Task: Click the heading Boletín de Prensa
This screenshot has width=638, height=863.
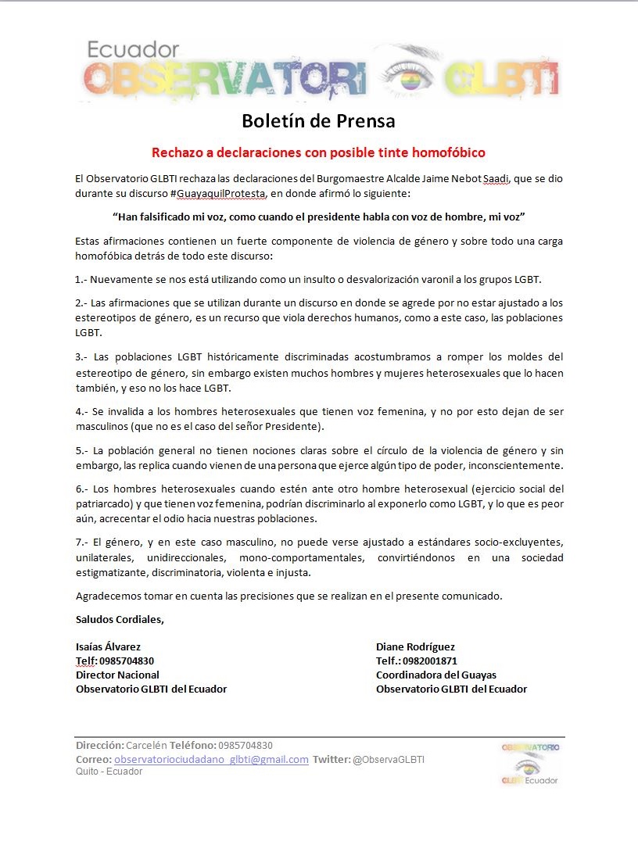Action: pyautogui.click(x=318, y=121)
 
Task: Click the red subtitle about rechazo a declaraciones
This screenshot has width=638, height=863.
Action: pyautogui.click(x=318, y=152)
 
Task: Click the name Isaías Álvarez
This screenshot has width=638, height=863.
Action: pyautogui.click(x=109, y=646)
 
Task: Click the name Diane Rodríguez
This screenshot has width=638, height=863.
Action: pyautogui.click(x=415, y=646)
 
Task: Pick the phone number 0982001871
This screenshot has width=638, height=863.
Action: pyautogui.click(x=430, y=661)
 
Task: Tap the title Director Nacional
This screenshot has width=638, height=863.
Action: pyautogui.click(x=117, y=675)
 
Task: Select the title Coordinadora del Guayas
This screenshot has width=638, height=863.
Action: pyautogui.click(x=435, y=675)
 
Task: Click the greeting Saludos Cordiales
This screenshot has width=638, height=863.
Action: pyautogui.click(x=120, y=620)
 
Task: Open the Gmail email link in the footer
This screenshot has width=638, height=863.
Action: pyautogui.click(x=211, y=759)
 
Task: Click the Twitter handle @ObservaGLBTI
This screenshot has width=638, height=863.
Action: pyautogui.click(x=389, y=759)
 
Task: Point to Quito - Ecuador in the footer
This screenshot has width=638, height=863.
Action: pyautogui.click(x=109, y=772)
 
